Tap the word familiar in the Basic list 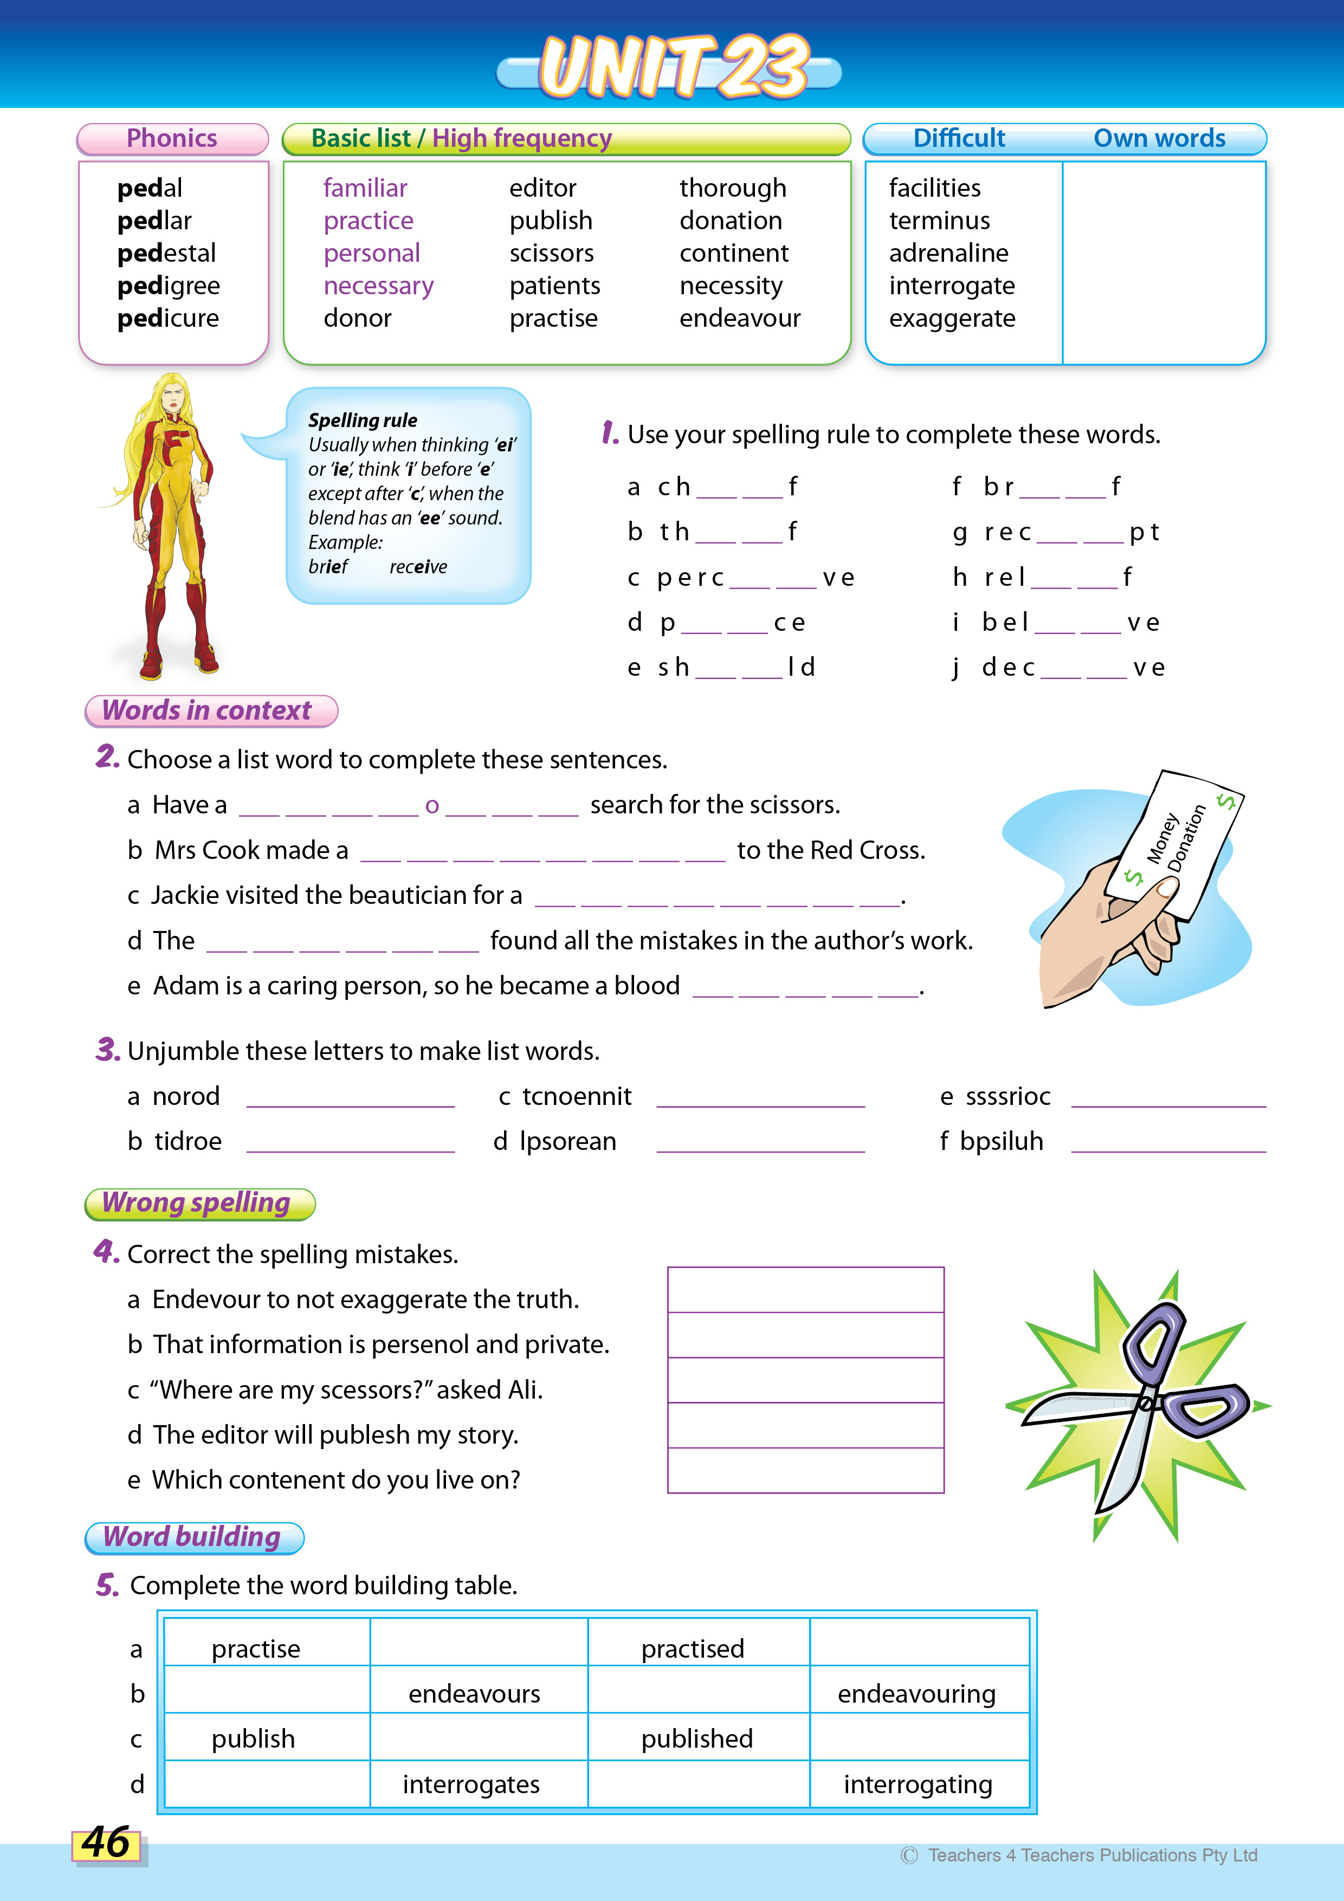click(x=365, y=188)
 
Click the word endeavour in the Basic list click(x=740, y=318)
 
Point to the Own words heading click(x=1159, y=138)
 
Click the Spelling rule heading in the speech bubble click(x=363, y=420)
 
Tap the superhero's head click(x=173, y=395)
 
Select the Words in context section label click(x=207, y=710)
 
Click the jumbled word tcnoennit click(x=577, y=1096)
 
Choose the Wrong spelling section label click(x=197, y=1203)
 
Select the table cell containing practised click(x=693, y=1648)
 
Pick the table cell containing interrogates click(x=471, y=1783)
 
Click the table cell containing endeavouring click(x=917, y=1694)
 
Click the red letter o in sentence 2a click(x=431, y=806)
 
